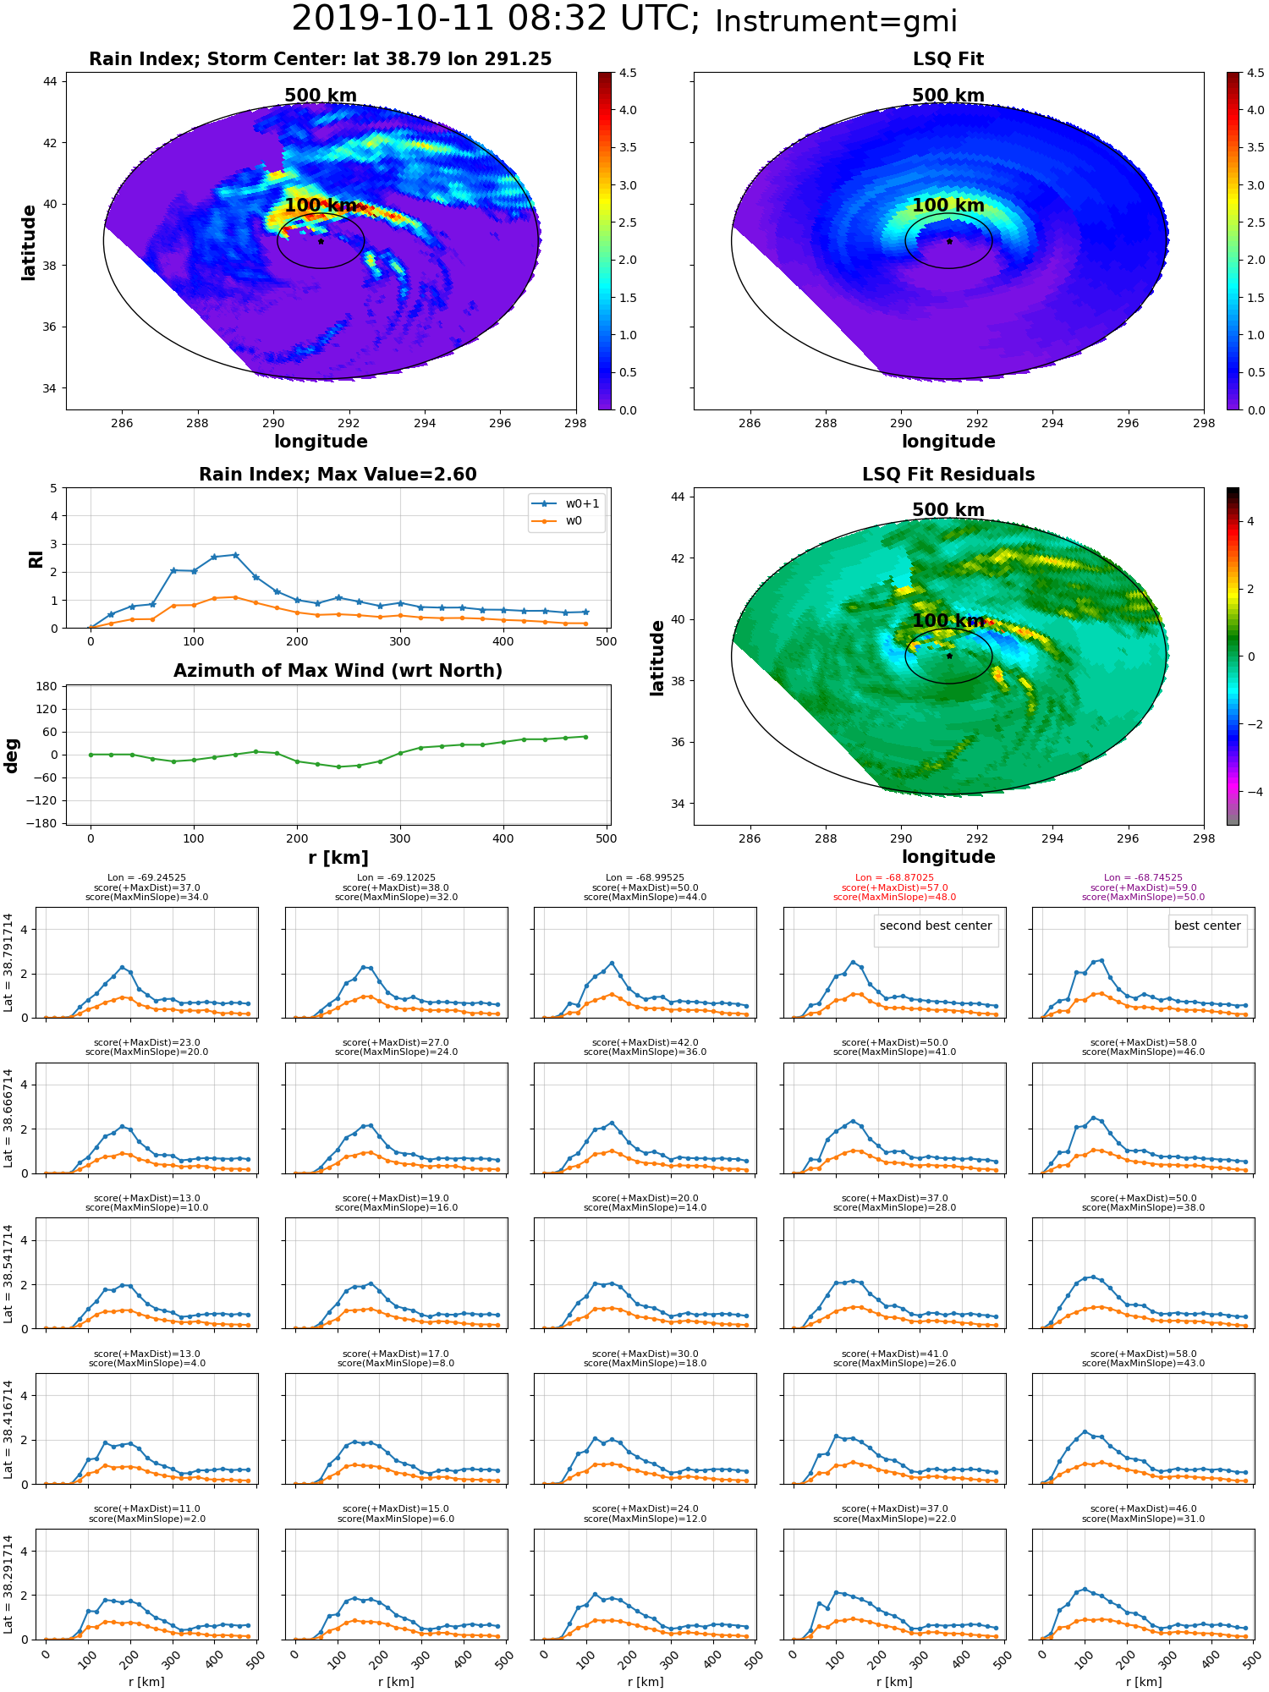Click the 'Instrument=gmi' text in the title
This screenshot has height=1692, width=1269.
coord(836,21)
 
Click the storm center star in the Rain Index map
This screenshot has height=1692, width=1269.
coord(321,241)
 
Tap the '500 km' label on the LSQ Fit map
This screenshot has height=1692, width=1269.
coord(948,96)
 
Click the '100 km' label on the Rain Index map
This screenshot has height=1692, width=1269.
coord(321,206)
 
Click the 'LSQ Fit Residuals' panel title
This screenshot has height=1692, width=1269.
coord(948,475)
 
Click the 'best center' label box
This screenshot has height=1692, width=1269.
coord(1207,926)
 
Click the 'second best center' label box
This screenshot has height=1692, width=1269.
coord(936,926)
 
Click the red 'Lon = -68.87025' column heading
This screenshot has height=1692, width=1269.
coord(894,878)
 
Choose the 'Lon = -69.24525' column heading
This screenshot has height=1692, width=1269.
coord(147,878)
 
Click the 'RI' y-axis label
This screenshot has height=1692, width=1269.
coord(36,558)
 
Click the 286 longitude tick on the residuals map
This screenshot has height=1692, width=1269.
coord(750,838)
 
